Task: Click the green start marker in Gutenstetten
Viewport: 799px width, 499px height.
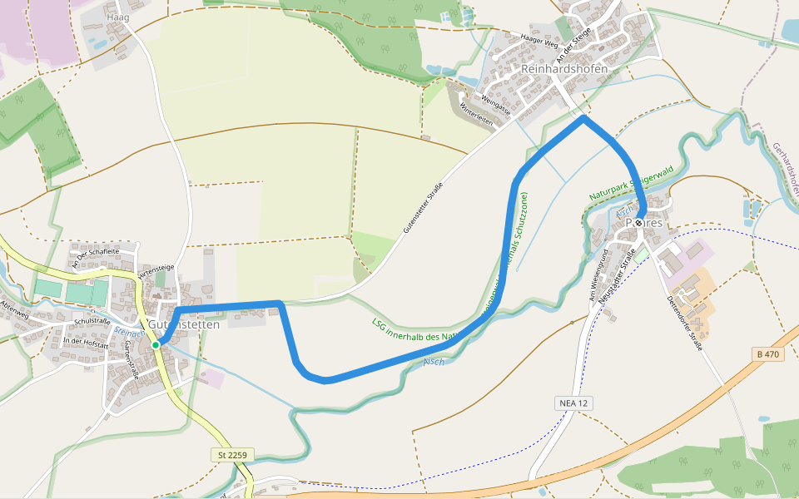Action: tap(156, 344)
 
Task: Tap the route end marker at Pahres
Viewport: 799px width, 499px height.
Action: tap(638, 223)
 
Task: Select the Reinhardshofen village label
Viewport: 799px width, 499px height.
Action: tap(564, 68)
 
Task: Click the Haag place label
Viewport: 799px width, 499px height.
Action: tap(118, 16)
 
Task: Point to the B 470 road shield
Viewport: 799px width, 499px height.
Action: tap(768, 353)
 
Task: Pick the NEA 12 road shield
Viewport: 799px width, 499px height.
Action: tap(573, 403)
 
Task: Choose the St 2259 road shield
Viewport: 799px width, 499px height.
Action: tap(232, 455)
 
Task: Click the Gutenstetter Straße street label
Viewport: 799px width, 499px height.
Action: tap(422, 205)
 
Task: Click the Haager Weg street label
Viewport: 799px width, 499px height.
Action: tap(538, 39)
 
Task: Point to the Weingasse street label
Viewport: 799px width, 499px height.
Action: tap(495, 104)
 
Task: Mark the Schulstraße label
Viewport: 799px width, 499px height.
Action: tap(92, 321)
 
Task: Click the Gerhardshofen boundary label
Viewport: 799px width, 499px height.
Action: tap(785, 162)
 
